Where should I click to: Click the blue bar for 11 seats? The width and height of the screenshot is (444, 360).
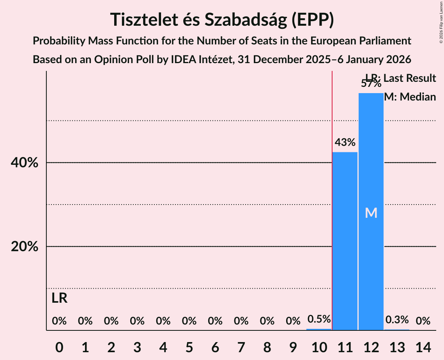coord(345,241)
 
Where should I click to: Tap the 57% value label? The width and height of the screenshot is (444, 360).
coord(371,83)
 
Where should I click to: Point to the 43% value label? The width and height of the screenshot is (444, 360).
coord(345,143)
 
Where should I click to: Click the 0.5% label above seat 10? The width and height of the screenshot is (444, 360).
coord(319,319)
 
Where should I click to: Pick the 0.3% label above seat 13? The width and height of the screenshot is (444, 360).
coord(397,320)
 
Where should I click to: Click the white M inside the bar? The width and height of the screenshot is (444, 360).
coord(371,213)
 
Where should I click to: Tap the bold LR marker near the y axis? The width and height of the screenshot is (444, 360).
coord(60,298)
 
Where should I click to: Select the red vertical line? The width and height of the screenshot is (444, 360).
coord(332,195)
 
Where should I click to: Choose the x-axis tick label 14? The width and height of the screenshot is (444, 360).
coord(423,346)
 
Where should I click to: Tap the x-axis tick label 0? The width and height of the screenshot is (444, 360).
coord(59,346)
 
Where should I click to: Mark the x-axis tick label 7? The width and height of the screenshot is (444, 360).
coord(241,346)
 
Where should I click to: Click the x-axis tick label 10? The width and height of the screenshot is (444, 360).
coord(319,346)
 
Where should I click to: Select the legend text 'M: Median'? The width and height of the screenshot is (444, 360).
coord(410,97)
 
